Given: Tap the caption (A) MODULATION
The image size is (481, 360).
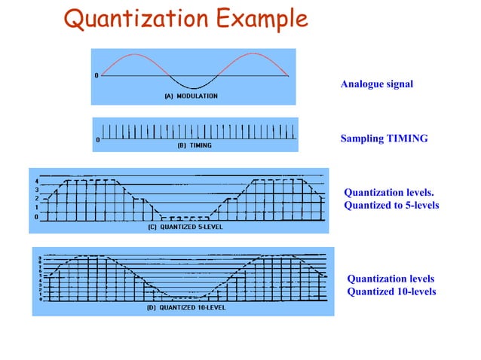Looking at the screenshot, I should (191, 96).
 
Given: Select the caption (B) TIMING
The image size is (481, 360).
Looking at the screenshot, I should (194, 145).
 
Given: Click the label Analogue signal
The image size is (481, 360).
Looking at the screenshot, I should (377, 84).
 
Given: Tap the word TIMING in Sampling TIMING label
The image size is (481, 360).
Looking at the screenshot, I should (408, 139).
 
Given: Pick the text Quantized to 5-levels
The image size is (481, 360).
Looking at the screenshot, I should (391, 205).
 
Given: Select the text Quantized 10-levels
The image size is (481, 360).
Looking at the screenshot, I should (391, 291).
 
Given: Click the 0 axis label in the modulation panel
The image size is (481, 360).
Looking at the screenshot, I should (96, 76).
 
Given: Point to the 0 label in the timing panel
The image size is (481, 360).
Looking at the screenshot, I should (97, 140).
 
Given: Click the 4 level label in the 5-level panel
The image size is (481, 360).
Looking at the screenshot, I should (37, 181).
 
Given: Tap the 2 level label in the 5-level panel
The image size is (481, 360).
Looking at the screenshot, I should (37, 199).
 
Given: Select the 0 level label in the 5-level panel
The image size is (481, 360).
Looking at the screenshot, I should (37, 217).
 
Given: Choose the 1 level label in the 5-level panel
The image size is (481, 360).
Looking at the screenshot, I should (37, 208).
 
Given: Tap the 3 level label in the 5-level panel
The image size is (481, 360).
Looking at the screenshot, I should (37, 190).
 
